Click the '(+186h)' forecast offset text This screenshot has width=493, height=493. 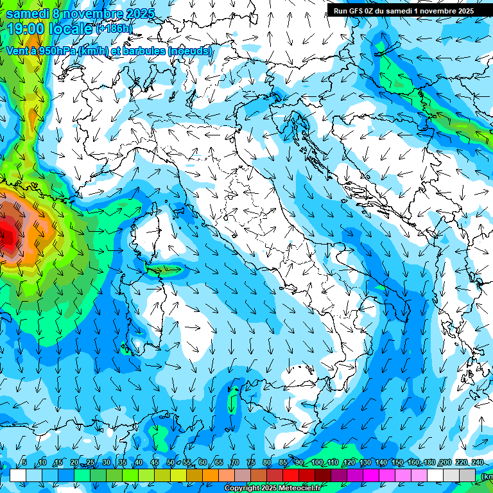[114, 29]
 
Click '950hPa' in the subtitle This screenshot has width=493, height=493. [54, 51]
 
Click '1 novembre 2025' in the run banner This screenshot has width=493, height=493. [442, 11]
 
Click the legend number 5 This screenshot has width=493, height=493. [24, 462]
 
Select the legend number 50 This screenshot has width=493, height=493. [171, 462]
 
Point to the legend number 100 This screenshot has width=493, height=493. [317, 462]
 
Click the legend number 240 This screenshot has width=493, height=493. [477, 462]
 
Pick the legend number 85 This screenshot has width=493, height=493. [283, 462]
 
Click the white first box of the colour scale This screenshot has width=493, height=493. [17, 474]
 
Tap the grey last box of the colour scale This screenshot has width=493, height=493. [467, 474]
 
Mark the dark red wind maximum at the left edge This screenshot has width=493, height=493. [8, 234]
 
